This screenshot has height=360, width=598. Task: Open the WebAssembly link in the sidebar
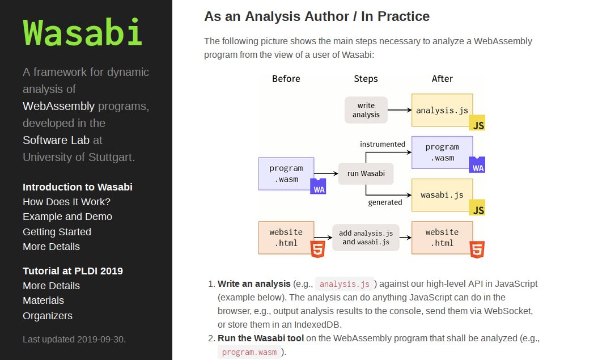tap(58, 106)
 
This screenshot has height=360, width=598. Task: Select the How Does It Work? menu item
tap(66, 202)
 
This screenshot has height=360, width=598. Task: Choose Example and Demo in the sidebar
tap(67, 217)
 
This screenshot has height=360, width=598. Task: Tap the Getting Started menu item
tap(57, 231)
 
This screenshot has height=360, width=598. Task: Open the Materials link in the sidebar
tap(43, 300)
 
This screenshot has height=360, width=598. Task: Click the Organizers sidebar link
tap(48, 316)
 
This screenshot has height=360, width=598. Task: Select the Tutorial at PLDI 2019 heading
tap(73, 270)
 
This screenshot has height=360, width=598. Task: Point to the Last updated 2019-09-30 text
tap(74, 340)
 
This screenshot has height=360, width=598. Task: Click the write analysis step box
tap(366, 110)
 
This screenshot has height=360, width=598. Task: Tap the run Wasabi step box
tap(366, 173)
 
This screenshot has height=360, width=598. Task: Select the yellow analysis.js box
tap(442, 110)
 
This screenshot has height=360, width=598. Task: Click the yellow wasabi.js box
tap(442, 195)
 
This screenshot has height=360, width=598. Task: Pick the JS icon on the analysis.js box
tap(478, 125)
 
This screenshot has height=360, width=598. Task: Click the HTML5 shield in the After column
tap(477, 249)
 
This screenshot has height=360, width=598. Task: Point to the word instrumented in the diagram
tap(383, 144)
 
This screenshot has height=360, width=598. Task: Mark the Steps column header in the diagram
tap(366, 79)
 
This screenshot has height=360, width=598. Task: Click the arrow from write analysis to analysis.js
tap(400, 110)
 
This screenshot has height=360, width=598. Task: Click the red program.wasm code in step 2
tap(250, 352)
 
